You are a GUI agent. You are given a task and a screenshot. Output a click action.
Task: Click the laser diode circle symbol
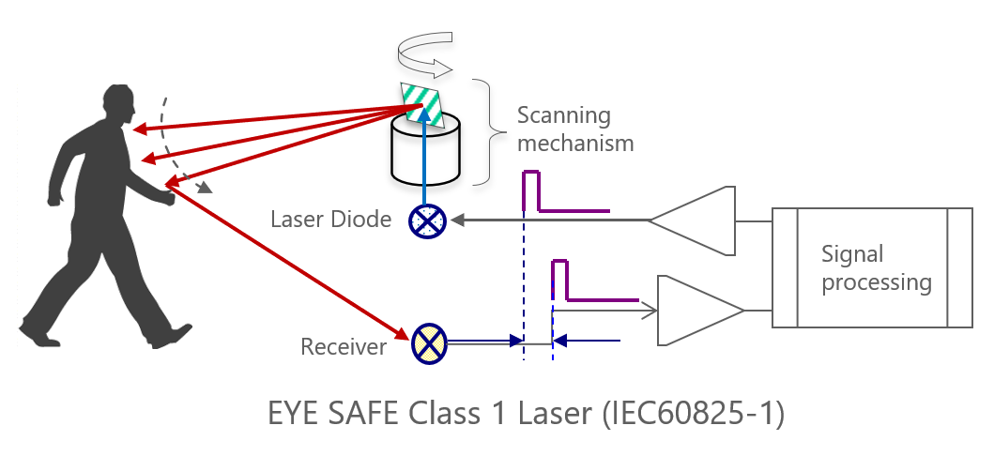coord(428,221)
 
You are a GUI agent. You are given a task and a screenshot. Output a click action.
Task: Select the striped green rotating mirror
coord(421,102)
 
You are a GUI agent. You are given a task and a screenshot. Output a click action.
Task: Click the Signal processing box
coord(872,267)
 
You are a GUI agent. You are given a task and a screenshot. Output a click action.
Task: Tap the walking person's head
coord(116,104)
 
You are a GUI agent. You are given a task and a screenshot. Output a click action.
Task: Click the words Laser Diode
coord(330,220)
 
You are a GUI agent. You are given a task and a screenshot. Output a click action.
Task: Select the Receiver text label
coord(344,347)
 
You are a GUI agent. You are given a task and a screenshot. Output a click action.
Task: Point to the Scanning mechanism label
coord(575,129)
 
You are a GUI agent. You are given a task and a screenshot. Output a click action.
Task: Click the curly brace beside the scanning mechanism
coord(483,130)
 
